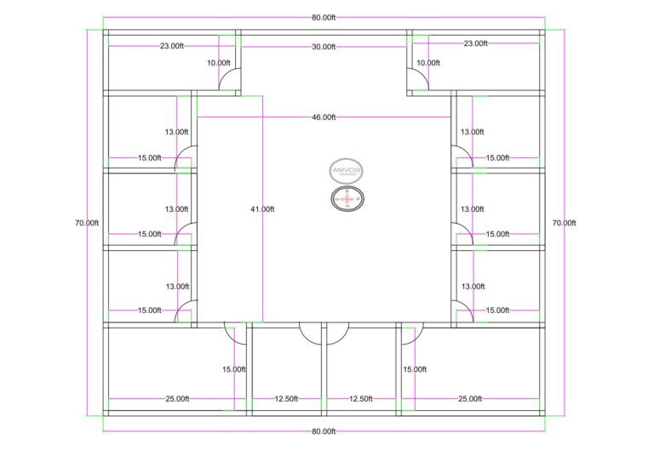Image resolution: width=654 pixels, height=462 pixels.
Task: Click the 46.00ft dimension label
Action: click(323, 117)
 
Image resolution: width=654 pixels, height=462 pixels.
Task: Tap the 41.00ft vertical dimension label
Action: click(262, 208)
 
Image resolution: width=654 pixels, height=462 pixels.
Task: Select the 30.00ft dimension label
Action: click(323, 47)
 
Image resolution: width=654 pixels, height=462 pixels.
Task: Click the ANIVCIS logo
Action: click(346, 170)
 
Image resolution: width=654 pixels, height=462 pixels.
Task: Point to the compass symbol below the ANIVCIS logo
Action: click(346, 199)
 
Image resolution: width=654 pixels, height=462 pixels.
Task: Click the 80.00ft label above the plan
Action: click(323, 17)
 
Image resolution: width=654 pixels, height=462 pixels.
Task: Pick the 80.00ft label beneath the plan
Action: click(323, 431)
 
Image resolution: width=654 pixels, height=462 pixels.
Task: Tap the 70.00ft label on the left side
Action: click(87, 223)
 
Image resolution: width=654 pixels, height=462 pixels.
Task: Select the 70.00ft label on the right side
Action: click(564, 223)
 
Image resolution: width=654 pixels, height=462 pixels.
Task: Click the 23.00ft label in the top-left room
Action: click(172, 46)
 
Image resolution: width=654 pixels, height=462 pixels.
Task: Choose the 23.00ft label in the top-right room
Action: click(475, 43)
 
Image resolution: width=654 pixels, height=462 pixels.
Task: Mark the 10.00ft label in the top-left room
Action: click(219, 63)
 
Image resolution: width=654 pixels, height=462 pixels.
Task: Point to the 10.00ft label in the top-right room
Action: click(428, 63)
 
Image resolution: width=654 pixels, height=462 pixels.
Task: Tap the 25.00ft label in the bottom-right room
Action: click(470, 399)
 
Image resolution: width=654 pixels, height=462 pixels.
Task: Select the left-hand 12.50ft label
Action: click(285, 399)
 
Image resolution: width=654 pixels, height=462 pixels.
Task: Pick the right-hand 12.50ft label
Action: click(361, 399)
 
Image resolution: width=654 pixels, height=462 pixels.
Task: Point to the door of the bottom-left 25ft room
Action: click(234, 333)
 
